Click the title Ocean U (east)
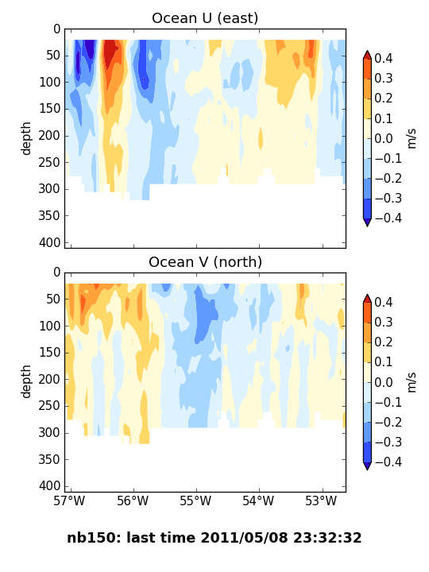coord(205,17)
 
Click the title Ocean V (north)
coord(206,262)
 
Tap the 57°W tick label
coord(69,500)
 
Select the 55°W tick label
coord(195,500)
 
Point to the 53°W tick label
coord(322,500)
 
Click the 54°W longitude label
coord(258,500)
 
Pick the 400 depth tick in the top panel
coord(49,242)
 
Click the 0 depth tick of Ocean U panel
coord(57,29)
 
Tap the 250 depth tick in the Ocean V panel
coord(49,406)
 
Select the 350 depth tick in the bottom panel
coord(49,459)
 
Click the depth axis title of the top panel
coord(25,138)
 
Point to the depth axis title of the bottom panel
coord(25,382)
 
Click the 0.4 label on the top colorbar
coord(384,58)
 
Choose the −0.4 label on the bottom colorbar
coord(388,462)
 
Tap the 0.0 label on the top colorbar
coord(384,138)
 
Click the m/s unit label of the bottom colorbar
coord(412,382)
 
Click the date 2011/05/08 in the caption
coord(244,538)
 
